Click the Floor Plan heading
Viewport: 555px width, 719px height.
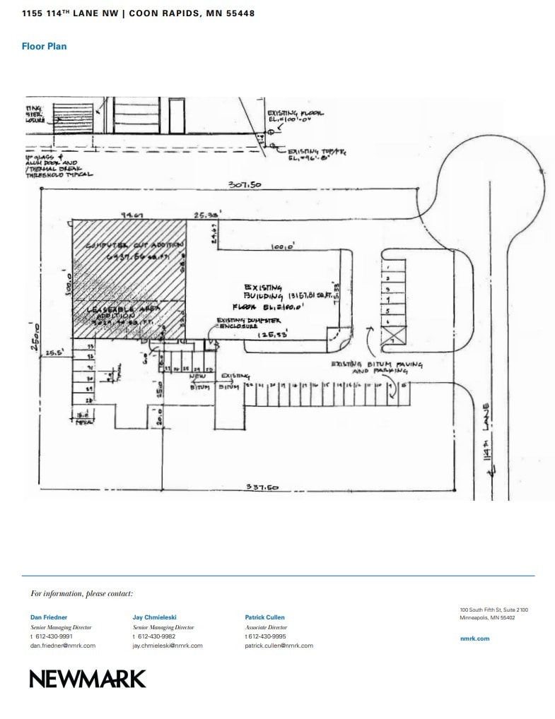(x=44, y=47)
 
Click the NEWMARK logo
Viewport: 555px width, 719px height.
(x=87, y=679)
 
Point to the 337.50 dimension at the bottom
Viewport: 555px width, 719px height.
(x=262, y=487)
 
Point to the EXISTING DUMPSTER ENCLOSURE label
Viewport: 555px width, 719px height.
(x=243, y=323)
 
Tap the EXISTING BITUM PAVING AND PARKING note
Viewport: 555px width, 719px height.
(x=377, y=367)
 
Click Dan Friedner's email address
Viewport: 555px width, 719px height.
(x=62, y=646)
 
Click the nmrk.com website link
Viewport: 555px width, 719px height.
(x=474, y=638)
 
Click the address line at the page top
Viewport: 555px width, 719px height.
(x=139, y=13)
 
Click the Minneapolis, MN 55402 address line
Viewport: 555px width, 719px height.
(x=487, y=618)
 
